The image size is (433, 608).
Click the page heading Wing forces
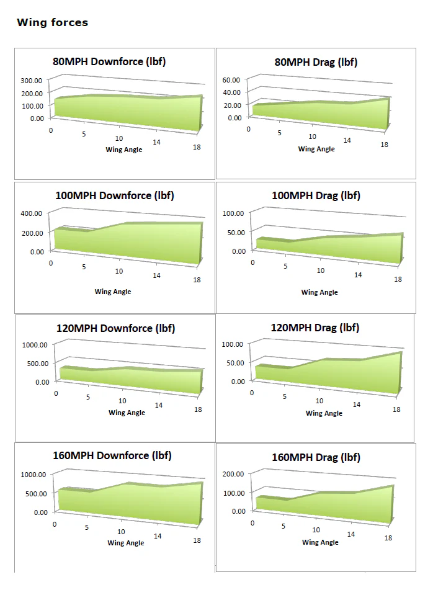point(52,23)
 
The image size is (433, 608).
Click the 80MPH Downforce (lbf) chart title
point(109,61)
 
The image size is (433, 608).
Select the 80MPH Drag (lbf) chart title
point(316,62)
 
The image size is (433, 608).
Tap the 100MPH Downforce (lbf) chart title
point(115,195)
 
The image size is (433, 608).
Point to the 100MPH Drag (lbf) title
point(316,195)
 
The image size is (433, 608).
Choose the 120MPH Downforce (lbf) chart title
point(115,328)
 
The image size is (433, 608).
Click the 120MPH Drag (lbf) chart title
point(315,328)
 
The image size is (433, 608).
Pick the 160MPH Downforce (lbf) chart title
point(112,455)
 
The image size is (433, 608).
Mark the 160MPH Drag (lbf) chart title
point(316,457)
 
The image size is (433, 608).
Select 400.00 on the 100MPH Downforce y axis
point(31,213)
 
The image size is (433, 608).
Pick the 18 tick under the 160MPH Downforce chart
point(197,540)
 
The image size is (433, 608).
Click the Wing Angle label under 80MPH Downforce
point(124,150)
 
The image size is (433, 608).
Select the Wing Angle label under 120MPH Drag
point(324,413)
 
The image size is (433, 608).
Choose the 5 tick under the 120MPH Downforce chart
point(88,397)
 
